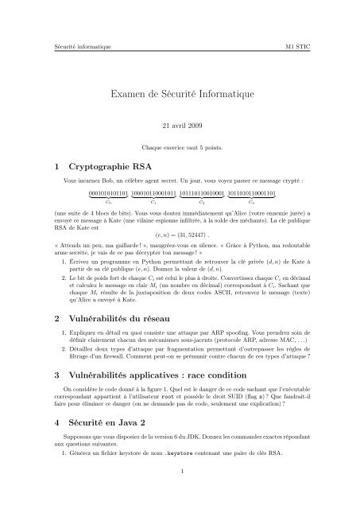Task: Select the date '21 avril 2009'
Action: tap(180, 126)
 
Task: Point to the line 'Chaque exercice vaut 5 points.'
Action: tap(180, 149)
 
